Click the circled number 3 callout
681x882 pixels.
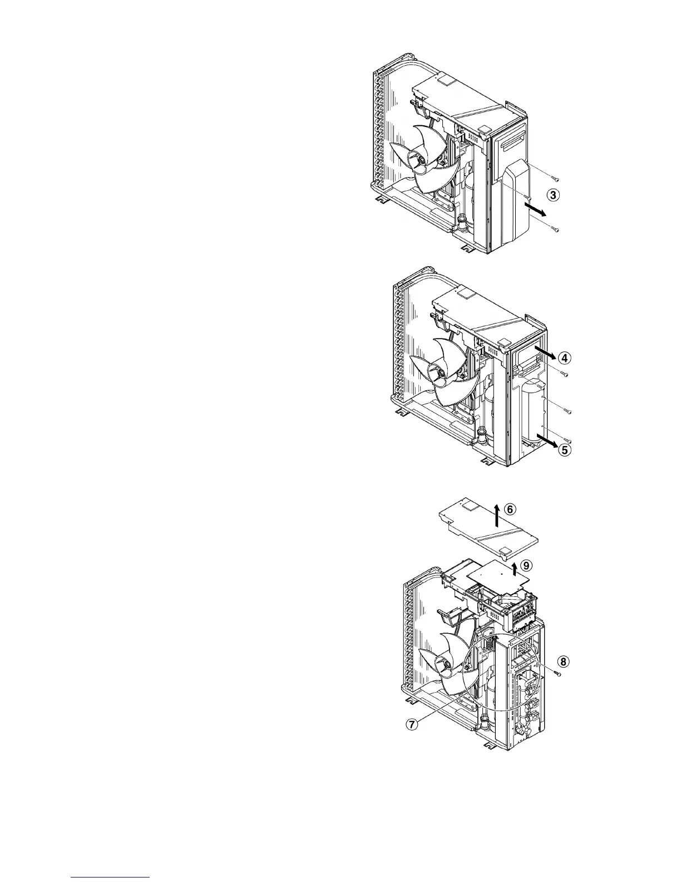coord(552,195)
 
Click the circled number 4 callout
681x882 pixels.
coord(565,357)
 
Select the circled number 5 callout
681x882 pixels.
coord(564,450)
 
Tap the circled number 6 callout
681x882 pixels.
coord(512,508)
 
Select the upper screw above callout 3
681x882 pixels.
coord(555,179)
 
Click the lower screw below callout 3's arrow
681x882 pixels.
coord(555,229)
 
